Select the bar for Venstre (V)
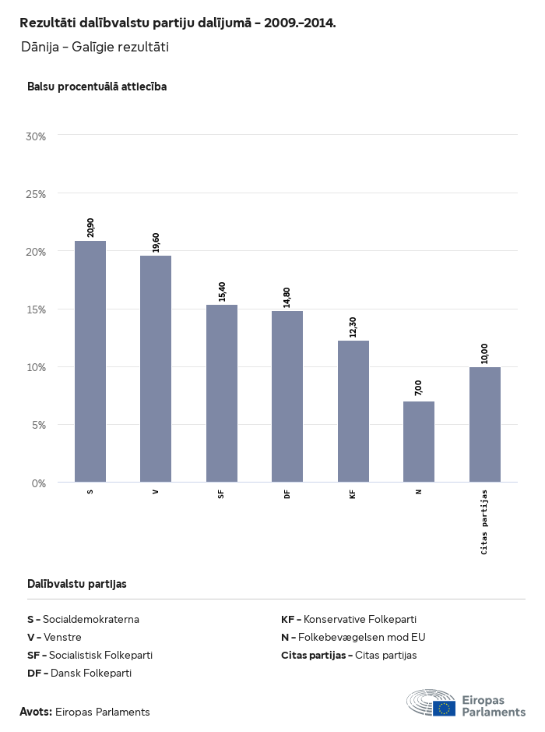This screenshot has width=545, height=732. [x=156, y=369]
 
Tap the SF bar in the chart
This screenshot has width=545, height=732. [x=222, y=393]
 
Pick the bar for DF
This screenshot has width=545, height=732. [x=287, y=396]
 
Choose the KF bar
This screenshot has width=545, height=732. [x=353, y=411]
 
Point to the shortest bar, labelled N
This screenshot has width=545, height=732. [x=419, y=441]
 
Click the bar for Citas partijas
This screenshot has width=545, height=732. [x=485, y=424]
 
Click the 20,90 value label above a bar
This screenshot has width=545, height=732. [x=91, y=228]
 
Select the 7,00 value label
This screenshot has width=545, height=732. [x=419, y=388]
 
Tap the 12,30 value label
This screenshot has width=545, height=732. [x=353, y=327]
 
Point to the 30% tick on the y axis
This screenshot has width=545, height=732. [x=37, y=136]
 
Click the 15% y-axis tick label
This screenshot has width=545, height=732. [x=37, y=309]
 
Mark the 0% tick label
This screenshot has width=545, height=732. [x=39, y=483]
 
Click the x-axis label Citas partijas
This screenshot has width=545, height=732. [x=484, y=522]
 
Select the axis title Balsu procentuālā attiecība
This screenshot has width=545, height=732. [x=97, y=87]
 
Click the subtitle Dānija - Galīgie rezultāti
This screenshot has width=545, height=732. [x=95, y=47]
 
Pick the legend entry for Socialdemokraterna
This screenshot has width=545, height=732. [x=83, y=619]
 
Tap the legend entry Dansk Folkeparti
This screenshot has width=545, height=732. [x=79, y=673]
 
